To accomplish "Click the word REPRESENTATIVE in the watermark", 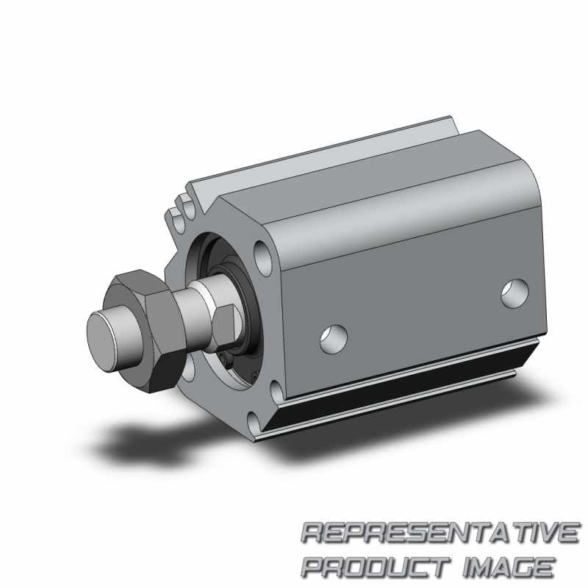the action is coord(440,533).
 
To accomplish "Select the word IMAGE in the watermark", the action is coord(509,567).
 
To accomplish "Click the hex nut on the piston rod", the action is coord(146,331).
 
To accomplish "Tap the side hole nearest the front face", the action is coord(334,340).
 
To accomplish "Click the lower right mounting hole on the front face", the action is coord(277,391).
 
